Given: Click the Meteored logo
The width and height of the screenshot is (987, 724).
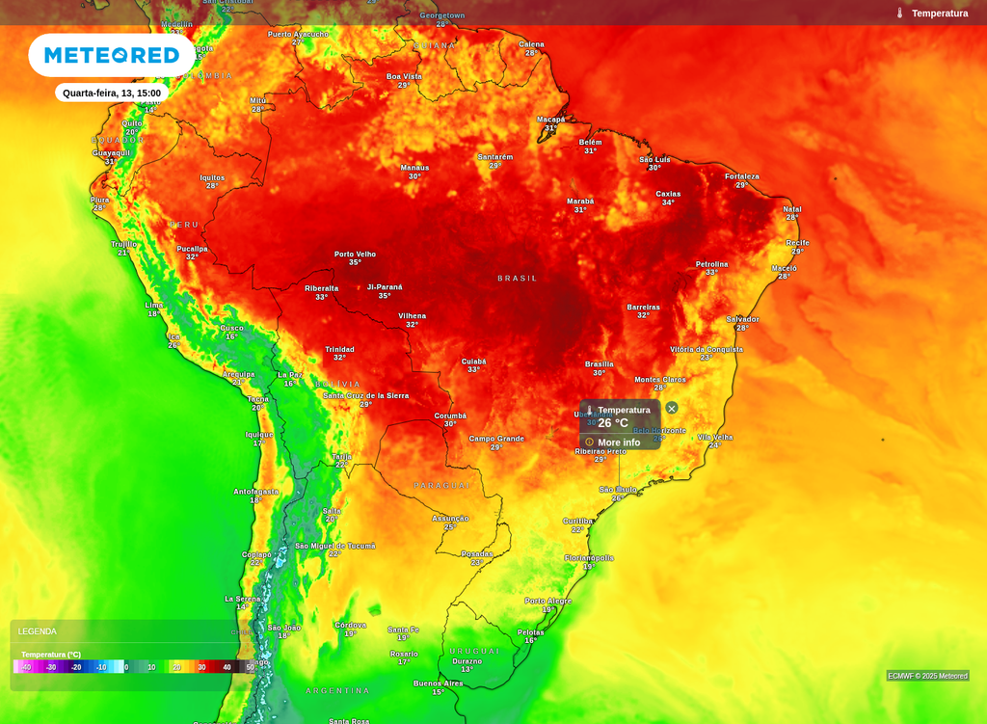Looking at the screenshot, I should [x=112, y=55].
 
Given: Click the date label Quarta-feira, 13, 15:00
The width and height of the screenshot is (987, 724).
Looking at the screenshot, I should [x=112, y=94].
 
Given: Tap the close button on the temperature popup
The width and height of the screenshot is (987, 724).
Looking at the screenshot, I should [x=672, y=408].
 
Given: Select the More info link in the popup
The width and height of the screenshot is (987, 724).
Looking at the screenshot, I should [x=618, y=442].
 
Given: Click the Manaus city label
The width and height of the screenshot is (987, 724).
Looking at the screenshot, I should [x=414, y=168].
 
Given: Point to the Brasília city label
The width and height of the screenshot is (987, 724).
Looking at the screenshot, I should [x=599, y=364].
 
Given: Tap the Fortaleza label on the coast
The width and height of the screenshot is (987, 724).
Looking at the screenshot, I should [x=741, y=176].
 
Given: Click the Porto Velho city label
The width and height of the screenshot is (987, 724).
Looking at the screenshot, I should [x=355, y=255].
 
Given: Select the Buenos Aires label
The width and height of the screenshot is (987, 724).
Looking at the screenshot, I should [x=438, y=684].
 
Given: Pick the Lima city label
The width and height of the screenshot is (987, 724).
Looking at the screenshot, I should [x=154, y=306].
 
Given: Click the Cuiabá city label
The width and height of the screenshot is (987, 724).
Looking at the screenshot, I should [x=473, y=362].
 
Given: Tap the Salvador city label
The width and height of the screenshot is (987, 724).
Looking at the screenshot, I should [x=742, y=319].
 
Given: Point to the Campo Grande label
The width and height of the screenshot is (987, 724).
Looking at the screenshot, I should [x=496, y=439].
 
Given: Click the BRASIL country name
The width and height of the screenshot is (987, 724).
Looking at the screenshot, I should [x=518, y=279].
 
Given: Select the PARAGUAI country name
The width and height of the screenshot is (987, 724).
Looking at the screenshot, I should [x=442, y=485].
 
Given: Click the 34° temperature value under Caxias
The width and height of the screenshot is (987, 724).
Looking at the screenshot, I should [x=668, y=202].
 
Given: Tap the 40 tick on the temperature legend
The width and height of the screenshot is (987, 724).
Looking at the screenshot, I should [x=227, y=667].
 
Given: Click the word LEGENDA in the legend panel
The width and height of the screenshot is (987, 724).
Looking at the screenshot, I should [x=38, y=631].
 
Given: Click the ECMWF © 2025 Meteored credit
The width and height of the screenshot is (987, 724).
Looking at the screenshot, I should [x=927, y=676].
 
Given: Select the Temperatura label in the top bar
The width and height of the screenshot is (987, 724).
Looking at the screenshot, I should [x=940, y=13].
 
